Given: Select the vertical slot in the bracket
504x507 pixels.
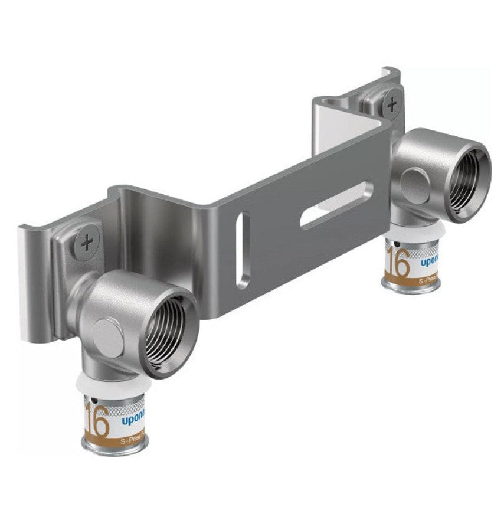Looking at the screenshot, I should point(242,250).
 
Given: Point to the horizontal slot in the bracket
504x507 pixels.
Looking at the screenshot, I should point(336,204).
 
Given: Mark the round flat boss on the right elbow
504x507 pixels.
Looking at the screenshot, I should point(414,185).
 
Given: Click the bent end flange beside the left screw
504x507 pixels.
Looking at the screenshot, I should point(32,277).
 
